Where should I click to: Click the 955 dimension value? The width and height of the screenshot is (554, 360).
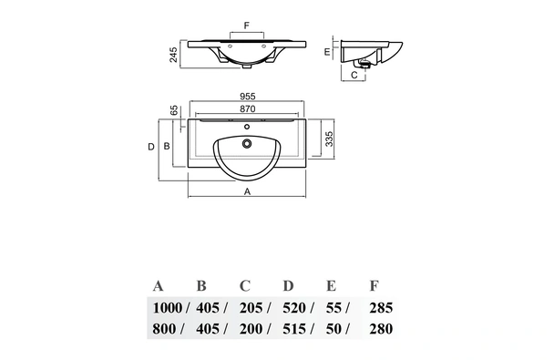(x=247, y=94)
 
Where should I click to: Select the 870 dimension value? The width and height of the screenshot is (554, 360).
(x=247, y=108)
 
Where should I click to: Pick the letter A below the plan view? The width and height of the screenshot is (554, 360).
(x=247, y=192)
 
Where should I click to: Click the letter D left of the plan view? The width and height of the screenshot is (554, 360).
(x=151, y=146)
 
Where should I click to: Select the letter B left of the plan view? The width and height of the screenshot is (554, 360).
(x=167, y=146)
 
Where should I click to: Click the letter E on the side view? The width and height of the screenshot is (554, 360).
(x=326, y=52)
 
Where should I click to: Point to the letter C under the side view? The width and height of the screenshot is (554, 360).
(x=354, y=76)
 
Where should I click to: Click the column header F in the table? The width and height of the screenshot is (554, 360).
(x=374, y=285)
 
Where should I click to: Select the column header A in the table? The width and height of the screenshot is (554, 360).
(x=159, y=285)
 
